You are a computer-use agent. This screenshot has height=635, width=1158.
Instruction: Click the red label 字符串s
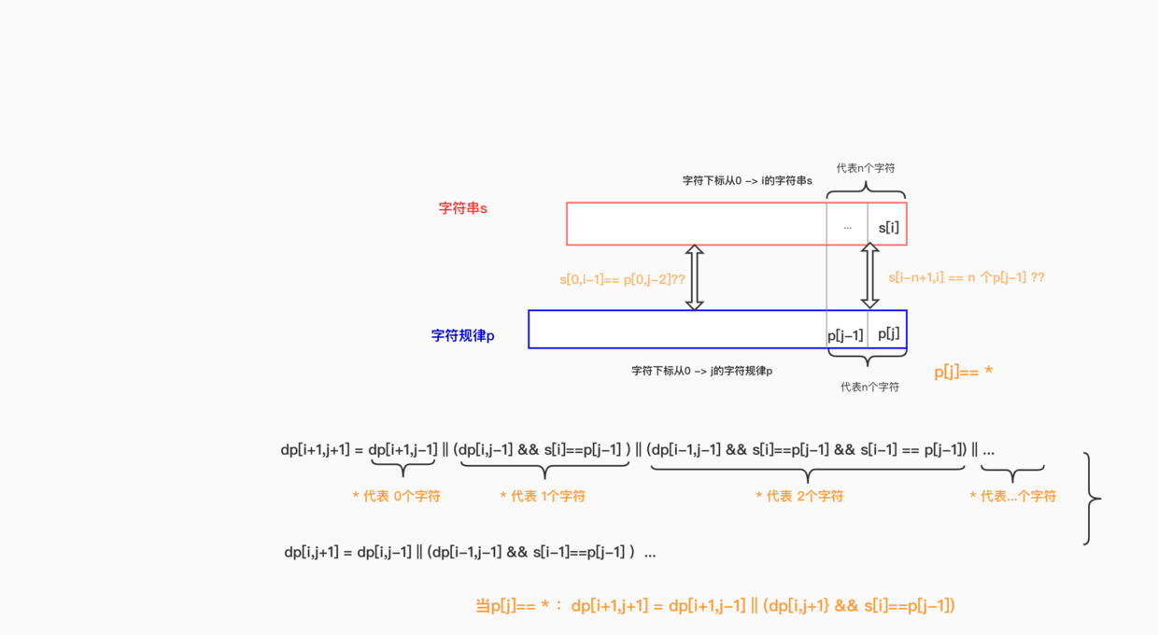point(463,208)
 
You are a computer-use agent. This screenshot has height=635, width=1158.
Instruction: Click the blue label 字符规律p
point(463,335)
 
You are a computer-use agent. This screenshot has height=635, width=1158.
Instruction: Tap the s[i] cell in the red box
point(888,227)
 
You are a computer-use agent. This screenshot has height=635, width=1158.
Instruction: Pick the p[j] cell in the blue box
point(888,333)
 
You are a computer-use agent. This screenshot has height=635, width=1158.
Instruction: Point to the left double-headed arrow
point(694,277)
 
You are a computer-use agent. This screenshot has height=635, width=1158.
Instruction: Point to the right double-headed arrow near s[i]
point(869,275)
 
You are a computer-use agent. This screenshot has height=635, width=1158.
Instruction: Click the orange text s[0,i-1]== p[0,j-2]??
point(622,278)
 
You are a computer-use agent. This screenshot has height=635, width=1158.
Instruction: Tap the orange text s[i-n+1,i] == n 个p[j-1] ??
point(967,277)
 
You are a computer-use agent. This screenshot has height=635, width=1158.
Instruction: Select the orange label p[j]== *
point(963,372)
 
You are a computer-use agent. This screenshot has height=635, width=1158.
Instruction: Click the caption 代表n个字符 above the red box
point(866,168)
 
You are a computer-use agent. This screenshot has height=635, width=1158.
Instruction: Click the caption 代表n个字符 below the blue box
point(869,387)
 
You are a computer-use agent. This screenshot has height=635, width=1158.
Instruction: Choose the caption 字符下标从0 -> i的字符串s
point(747,180)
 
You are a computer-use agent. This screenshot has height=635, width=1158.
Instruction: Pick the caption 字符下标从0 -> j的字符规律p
point(701,371)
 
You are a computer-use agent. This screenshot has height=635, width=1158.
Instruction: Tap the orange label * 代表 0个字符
point(396,496)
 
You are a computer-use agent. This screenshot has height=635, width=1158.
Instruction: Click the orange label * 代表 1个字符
point(543,496)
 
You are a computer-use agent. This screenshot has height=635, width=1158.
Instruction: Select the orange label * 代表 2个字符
point(799,496)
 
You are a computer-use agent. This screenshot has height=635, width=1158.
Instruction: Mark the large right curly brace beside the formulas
point(1091,499)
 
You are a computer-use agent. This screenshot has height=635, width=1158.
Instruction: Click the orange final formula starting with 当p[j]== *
point(715,606)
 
